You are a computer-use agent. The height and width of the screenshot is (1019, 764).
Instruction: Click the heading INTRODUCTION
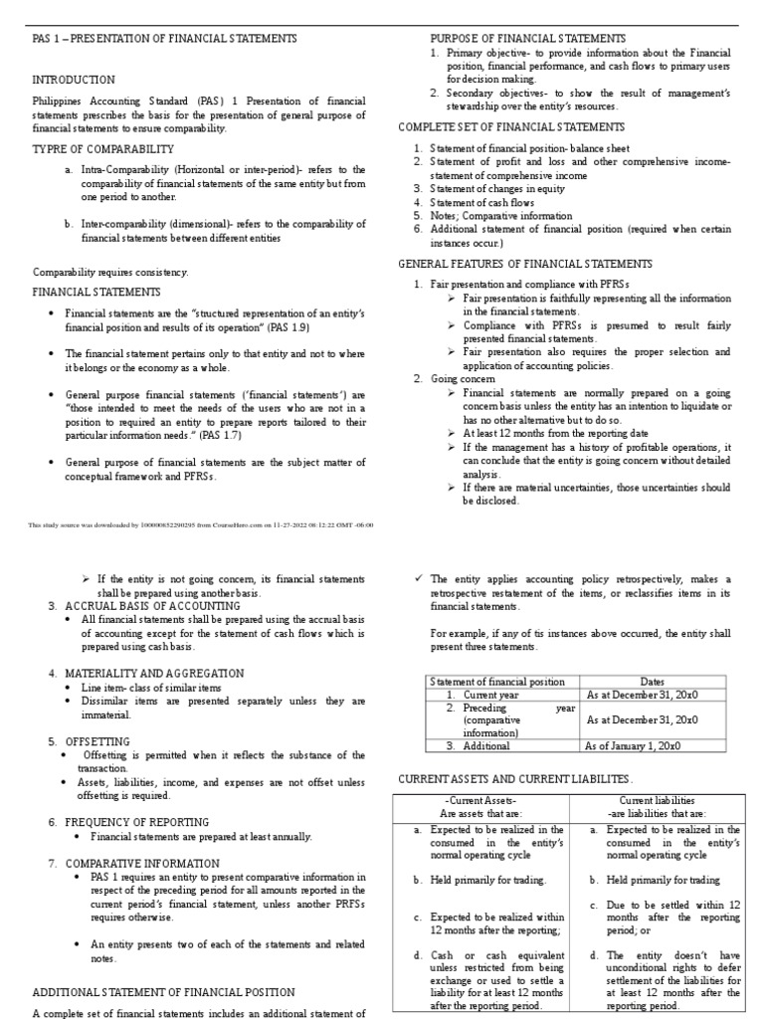(74, 80)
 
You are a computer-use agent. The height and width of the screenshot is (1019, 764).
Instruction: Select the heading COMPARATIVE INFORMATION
(142, 863)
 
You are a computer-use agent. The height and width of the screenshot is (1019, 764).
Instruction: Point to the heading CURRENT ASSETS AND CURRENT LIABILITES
(514, 777)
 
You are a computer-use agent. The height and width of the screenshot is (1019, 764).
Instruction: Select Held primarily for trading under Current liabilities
(644, 880)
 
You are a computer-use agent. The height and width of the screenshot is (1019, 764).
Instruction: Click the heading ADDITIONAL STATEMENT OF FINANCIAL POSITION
(163, 991)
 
